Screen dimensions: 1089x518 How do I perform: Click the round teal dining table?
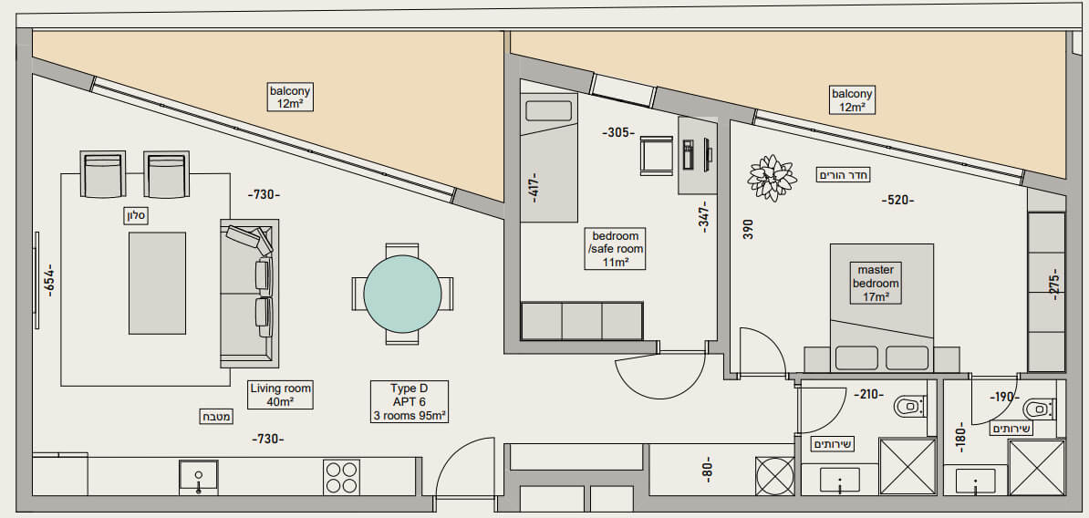pyautogui.click(x=402, y=294)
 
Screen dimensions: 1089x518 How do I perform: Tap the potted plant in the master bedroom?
pyautogui.click(x=771, y=178)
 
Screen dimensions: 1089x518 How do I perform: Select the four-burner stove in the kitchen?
pyautogui.click(x=341, y=477)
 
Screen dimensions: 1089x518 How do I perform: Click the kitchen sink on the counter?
pyautogui.click(x=199, y=476)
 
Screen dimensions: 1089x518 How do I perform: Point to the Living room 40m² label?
pyautogui.click(x=281, y=395)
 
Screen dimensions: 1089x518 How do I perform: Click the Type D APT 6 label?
pyautogui.click(x=410, y=401)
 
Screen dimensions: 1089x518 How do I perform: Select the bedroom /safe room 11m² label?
pyautogui.click(x=616, y=249)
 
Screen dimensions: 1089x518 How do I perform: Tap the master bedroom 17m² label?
pyautogui.click(x=876, y=283)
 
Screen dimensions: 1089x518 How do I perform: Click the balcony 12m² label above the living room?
pyautogui.click(x=290, y=98)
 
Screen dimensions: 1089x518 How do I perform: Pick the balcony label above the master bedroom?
pyautogui.click(x=852, y=100)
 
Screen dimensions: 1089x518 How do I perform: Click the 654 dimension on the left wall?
pyautogui.click(x=49, y=281)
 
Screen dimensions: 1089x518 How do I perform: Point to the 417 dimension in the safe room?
pyautogui.click(x=534, y=187)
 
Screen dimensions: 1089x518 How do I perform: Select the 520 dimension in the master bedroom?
pyautogui.click(x=897, y=200)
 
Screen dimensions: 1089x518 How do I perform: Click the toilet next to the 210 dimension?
pyautogui.click(x=909, y=406)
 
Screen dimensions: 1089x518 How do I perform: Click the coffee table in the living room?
pyautogui.click(x=157, y=283)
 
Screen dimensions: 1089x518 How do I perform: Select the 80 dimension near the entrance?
pyautogui.click(x=707, y=470)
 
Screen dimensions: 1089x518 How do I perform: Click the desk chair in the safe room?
pyautogui.click(x=657, y=155)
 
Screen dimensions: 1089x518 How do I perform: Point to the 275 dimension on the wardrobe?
pyautogui.click(x=1054, y=284)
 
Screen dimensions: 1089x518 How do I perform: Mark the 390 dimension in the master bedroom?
pyautogui.click(x=747, y=229)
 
